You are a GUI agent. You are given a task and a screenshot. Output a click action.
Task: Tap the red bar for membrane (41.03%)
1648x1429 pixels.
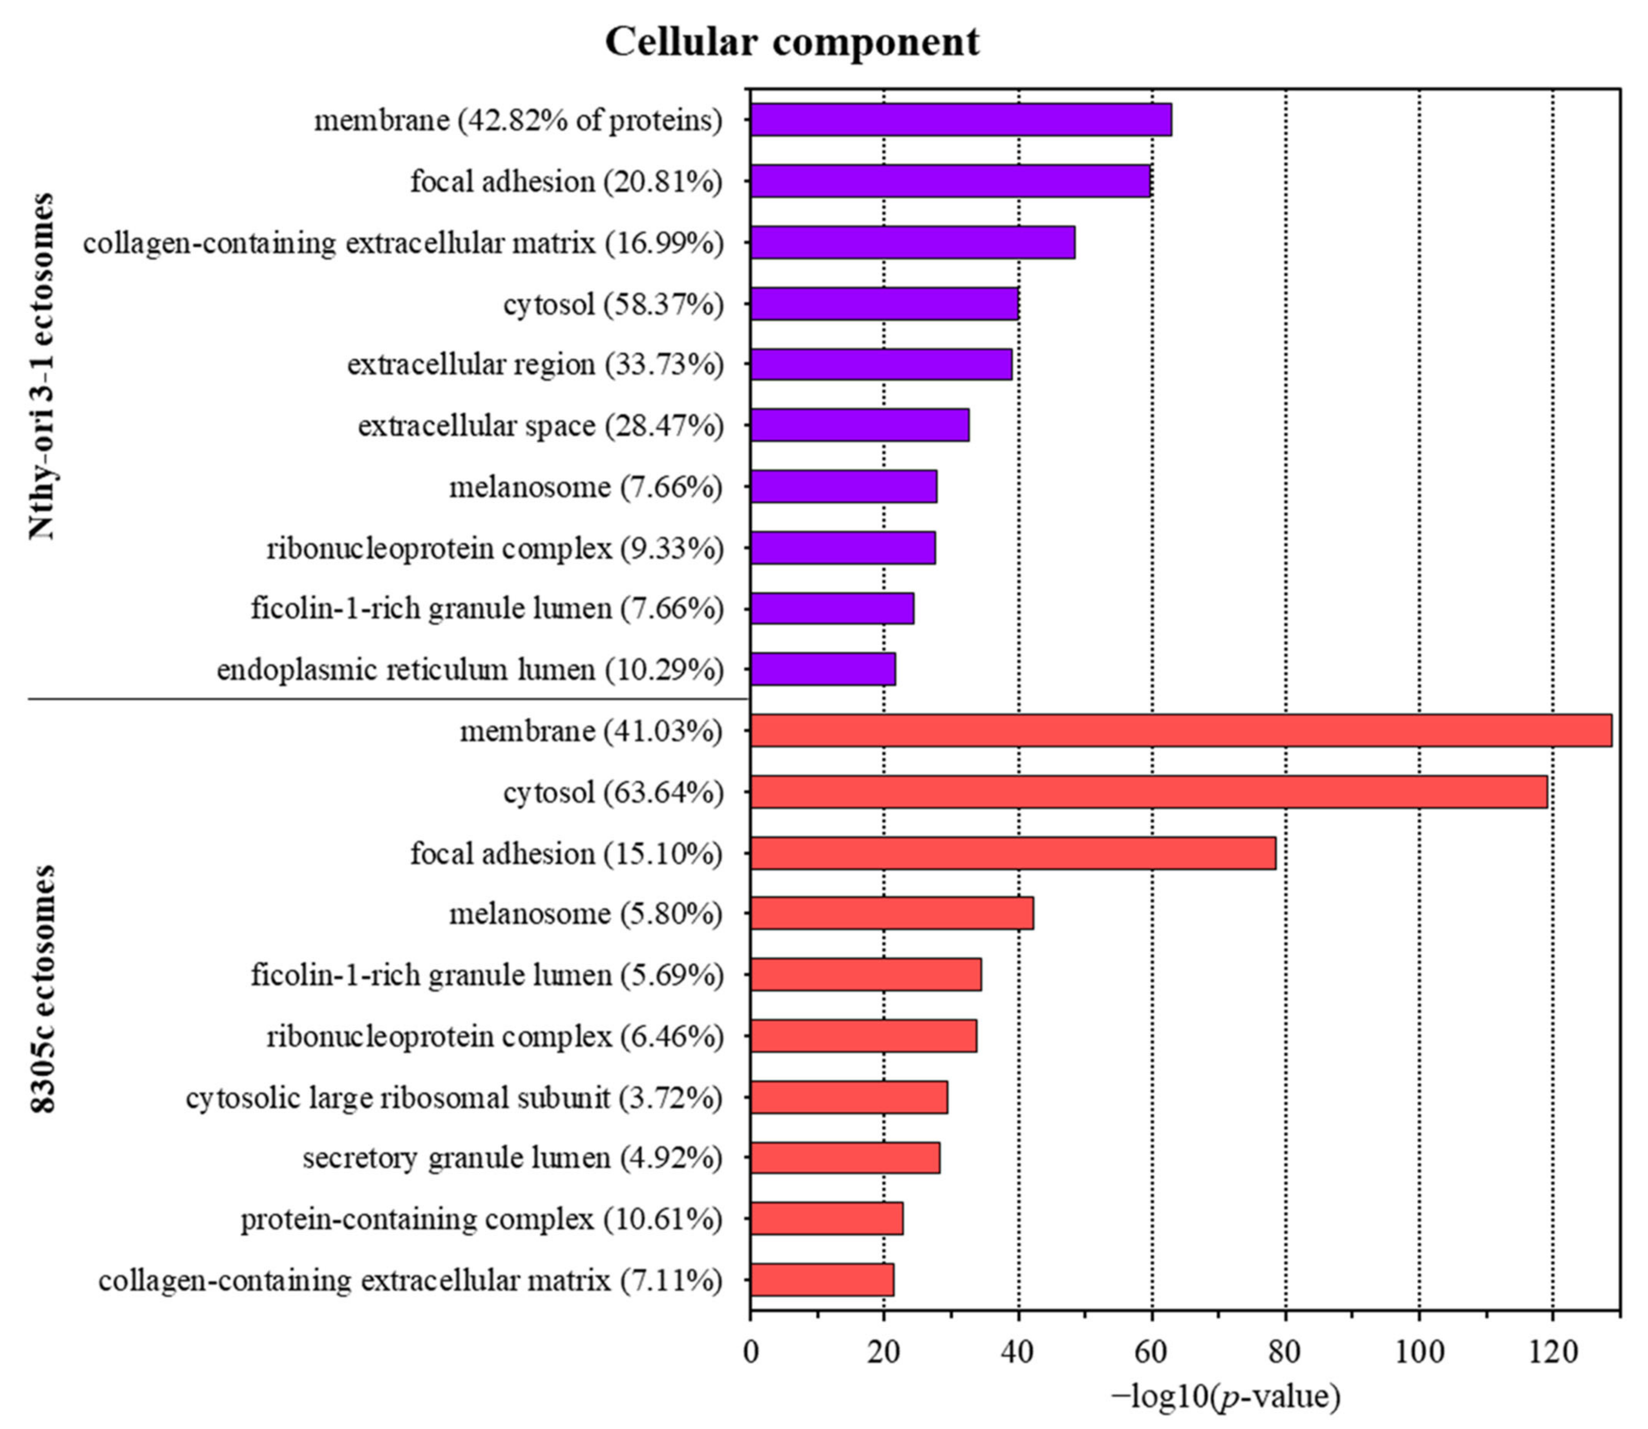click(x=1180, y=730)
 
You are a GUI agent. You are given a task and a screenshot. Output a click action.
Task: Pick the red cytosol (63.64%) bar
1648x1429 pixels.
click(x=1148, y=792)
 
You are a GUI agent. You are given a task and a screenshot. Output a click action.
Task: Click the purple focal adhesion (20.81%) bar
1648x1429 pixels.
click(x=949, y=181)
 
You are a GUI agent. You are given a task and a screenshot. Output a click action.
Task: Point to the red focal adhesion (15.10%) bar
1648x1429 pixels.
click(x=1012, y=853)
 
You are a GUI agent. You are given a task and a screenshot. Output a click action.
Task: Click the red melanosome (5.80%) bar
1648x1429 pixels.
click(x=891, y=913)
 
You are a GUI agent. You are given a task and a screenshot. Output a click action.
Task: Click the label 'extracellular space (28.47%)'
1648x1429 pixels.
click(x=541, y=426)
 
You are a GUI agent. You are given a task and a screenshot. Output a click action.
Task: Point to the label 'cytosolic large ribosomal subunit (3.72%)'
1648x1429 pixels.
click(x=455, y=1098)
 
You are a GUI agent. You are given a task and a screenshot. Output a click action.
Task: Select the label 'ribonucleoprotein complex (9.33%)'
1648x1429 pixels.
click(x=495, y=549)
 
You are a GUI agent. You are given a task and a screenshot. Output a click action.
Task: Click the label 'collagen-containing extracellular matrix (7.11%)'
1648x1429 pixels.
click(x=411, y=1281)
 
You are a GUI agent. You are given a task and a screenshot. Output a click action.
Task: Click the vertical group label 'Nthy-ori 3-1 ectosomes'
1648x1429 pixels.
click(x=42, y=367)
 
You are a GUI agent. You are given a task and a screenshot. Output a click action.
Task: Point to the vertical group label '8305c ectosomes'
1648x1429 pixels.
click(x=42, y=989)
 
